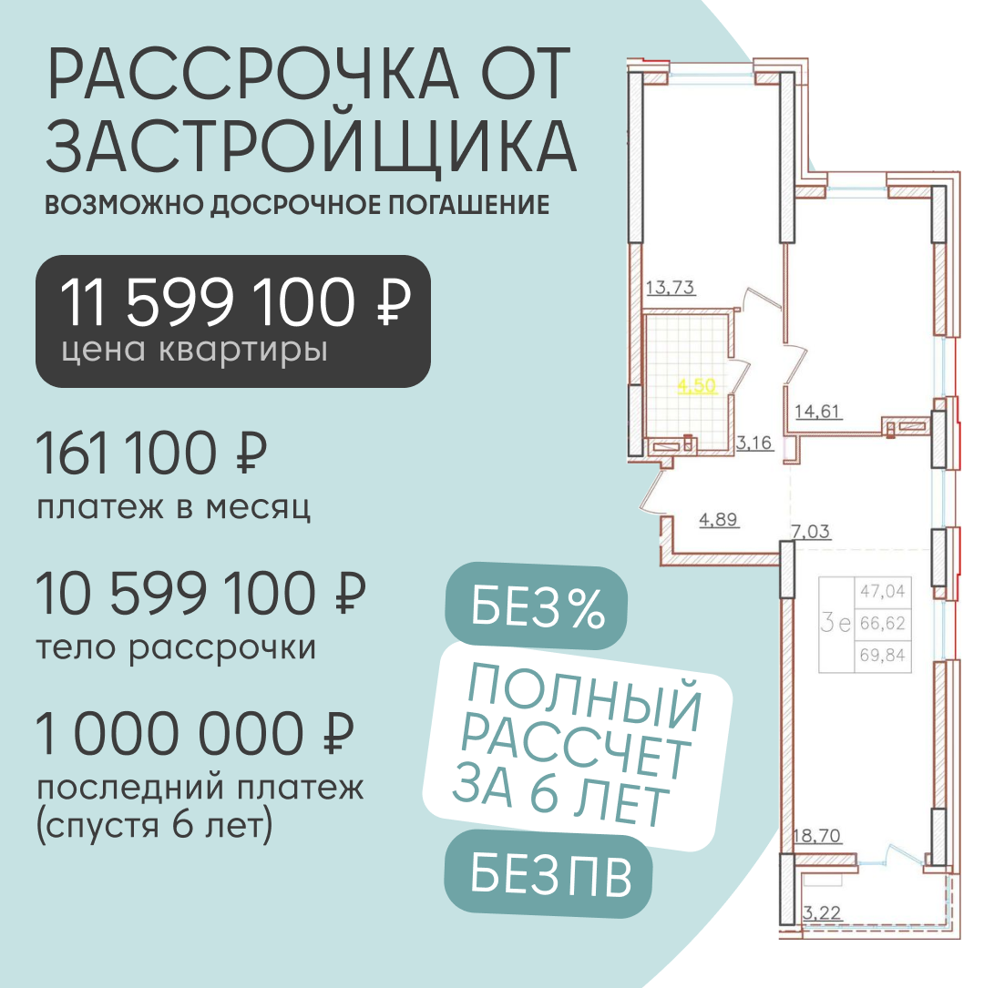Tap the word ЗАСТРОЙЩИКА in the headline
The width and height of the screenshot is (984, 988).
pyautogui.click(x=311, y=147)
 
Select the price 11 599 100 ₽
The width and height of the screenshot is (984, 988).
pyautogui.click(x=235, y=302)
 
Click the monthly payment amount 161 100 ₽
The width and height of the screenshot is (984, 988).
pyautogui.click(x=151, y=453)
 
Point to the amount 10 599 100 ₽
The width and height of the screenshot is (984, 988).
pyautogui.click(x=200, y=594)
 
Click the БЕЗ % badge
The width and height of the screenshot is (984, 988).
pyautogui.click(x=537, y=606)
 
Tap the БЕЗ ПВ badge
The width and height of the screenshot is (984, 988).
pyautogui.click(x=548, y=875)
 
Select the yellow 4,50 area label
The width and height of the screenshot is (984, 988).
pyautogui.click(x=697, y=385)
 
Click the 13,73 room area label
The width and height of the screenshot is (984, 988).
pyautogui.click(x=670, y=288)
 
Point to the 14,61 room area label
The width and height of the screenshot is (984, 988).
pyautogui.click(x=817, y=412)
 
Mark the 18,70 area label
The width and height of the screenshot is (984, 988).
pyautogui.click(x=817, y=836)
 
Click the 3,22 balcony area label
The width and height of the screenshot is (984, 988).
pyautogui.click(x=822, y=912)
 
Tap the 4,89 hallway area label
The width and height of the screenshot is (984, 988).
pyautogui.click(x=719, y=519)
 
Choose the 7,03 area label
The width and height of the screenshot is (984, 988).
pyautogui.click(x=811, y=532)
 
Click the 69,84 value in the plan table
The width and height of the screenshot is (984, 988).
pyautogui.click(x=883, y=656)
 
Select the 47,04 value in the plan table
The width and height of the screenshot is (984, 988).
pyautogui.click(x=883, y=591)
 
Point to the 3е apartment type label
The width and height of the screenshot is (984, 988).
pyautogui.click(x=835, y=622)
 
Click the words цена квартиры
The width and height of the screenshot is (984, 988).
pyautogui.click(x=194, y=351)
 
